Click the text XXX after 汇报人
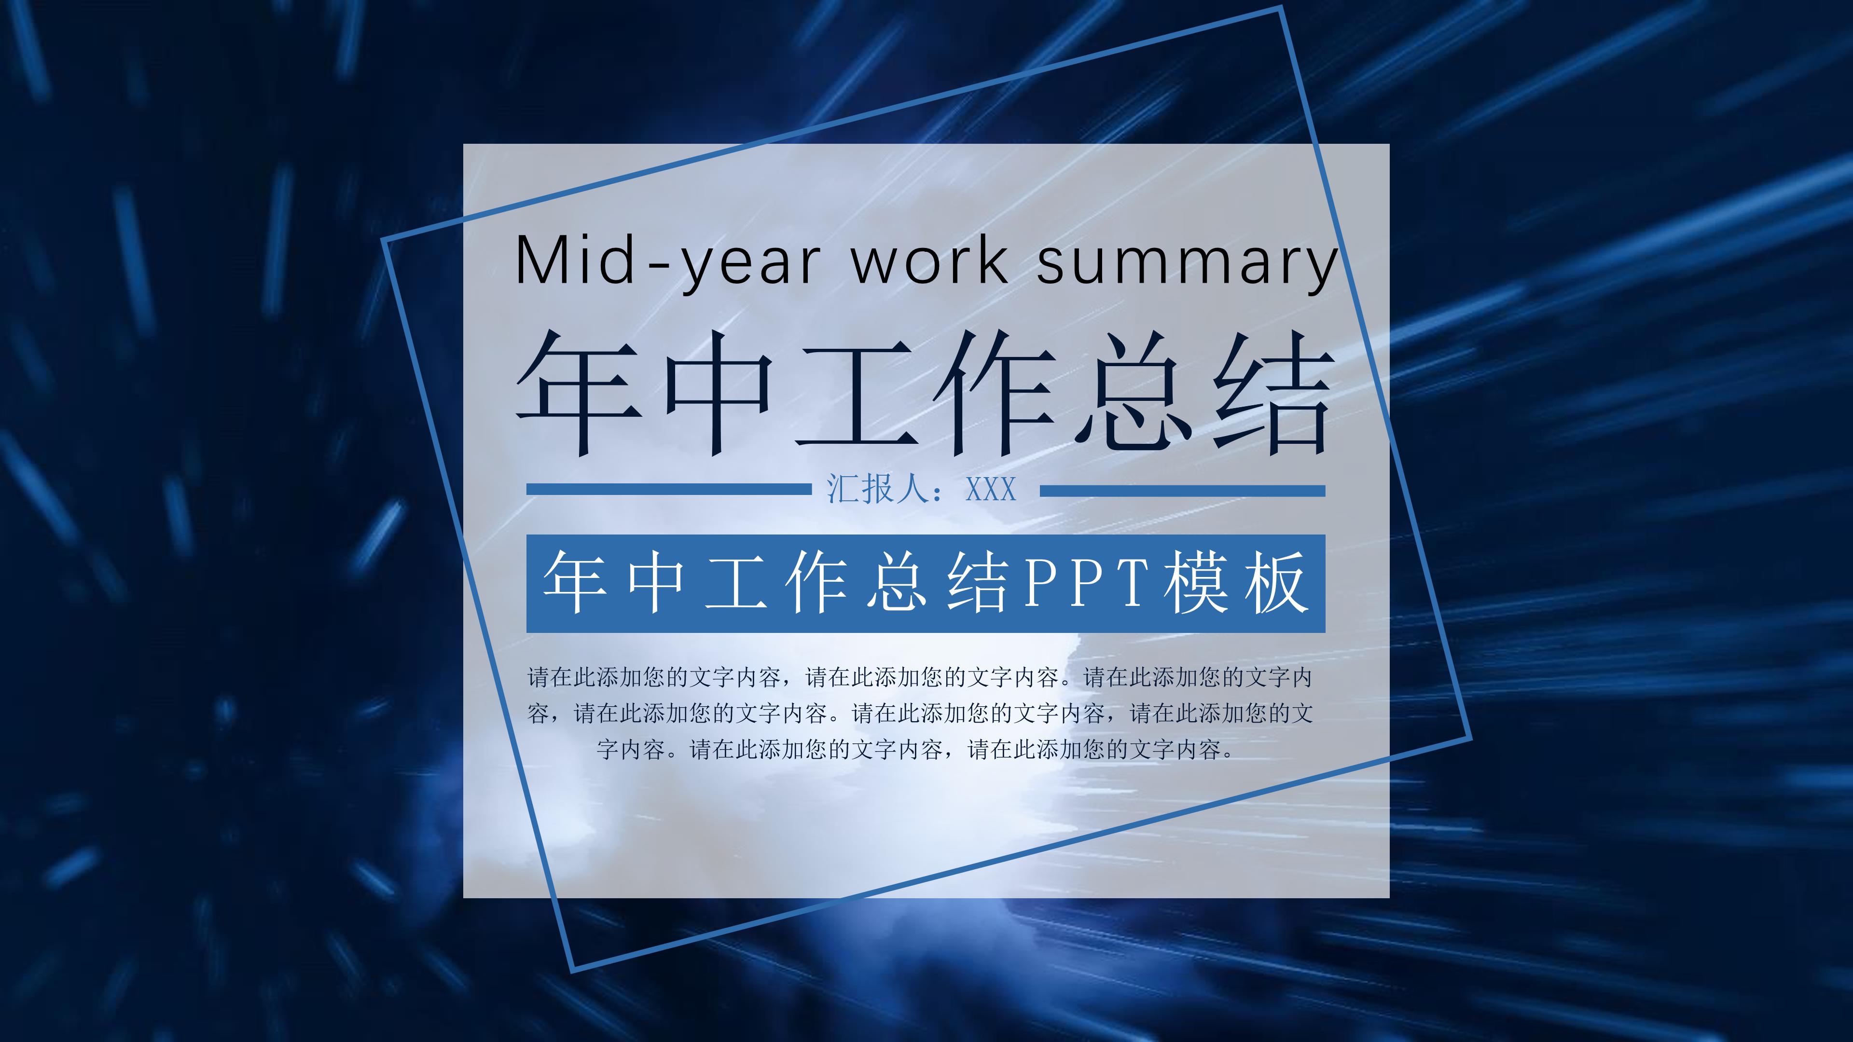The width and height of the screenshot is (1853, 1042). pyautogui.click(x=991, y=490)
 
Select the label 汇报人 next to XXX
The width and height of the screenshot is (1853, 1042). pyautogui.click(x=879, y=490)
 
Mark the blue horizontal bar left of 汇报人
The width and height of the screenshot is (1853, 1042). pyautogui.click(x=668, y=490)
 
